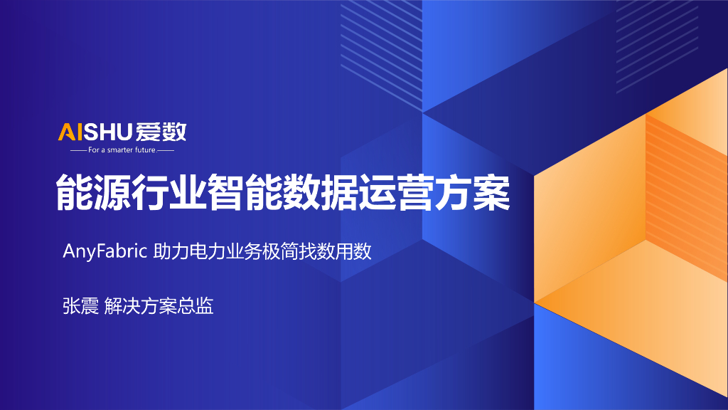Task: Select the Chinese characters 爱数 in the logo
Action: click(x=163, y=132)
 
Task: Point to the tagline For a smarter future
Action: click(x=122, y=150)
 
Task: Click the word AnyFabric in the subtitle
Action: click(x=105, y=251)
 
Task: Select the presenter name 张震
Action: click(x=80, y=307)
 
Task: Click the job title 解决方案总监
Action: click(x=159, y=307)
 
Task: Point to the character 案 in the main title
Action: click(x=491, y=191)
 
